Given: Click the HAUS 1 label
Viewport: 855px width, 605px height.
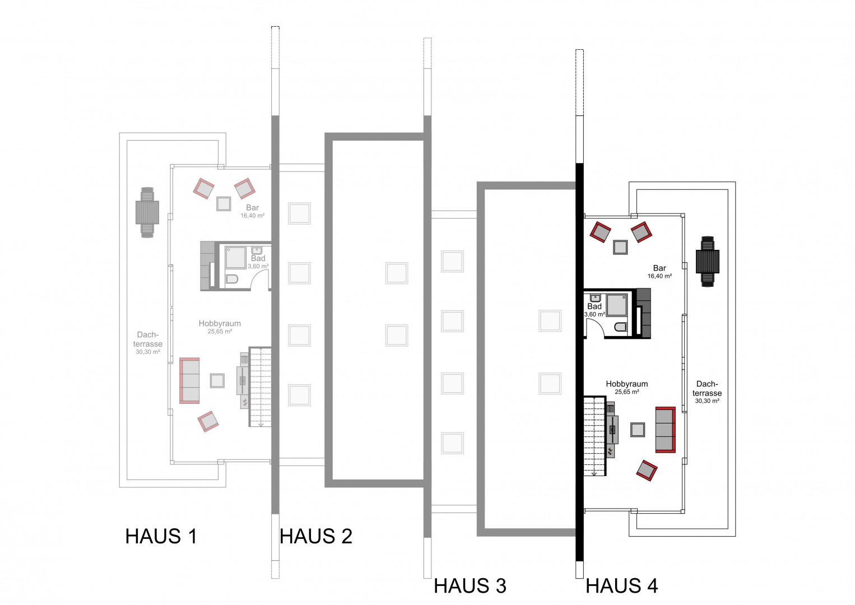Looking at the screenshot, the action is click(161, 536).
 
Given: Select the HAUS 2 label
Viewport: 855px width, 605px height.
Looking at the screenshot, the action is click(315, 536).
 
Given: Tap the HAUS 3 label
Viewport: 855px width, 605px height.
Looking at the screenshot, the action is click(470, 585).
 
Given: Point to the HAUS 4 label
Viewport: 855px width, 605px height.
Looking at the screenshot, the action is click(622, 585).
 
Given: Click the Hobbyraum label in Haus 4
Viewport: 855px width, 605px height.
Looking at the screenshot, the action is click(627, 384).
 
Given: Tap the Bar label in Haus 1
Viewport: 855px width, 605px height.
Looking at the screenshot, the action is click(252, 208).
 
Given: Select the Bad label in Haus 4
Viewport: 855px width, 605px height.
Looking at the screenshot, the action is click(594, 306).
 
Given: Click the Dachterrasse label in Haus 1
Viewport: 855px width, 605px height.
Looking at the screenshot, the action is click(148, 339).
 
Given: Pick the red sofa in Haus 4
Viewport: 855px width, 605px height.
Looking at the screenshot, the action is click(665, 430).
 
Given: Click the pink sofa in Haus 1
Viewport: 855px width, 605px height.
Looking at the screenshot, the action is click(189, 380).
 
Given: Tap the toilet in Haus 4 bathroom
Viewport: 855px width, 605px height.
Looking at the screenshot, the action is click(621, 327).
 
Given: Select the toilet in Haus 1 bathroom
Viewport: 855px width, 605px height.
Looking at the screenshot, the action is click(231, 279).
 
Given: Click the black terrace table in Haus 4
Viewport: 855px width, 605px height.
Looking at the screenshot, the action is click(707, 262).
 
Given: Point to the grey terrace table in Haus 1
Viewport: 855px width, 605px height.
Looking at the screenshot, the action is click(147, 213).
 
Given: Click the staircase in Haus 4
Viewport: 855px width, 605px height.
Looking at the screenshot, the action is click(594, 436).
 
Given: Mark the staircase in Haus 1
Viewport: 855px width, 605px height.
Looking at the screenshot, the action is click(261, 387).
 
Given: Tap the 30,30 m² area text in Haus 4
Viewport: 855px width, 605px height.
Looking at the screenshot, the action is click(707, 401).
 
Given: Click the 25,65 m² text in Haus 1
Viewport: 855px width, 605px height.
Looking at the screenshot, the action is click(220, 331).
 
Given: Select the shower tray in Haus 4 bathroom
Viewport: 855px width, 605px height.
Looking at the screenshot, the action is click(617, 305).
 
